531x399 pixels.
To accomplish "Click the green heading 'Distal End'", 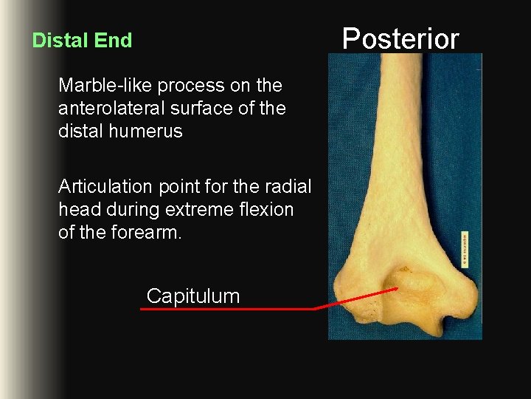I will [x=82, y=40].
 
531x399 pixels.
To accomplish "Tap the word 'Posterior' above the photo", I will [x=400, y=38].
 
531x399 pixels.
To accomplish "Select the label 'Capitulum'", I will [x=193, y=296].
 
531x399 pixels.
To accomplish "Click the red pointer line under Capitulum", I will [x=229, y=309].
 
